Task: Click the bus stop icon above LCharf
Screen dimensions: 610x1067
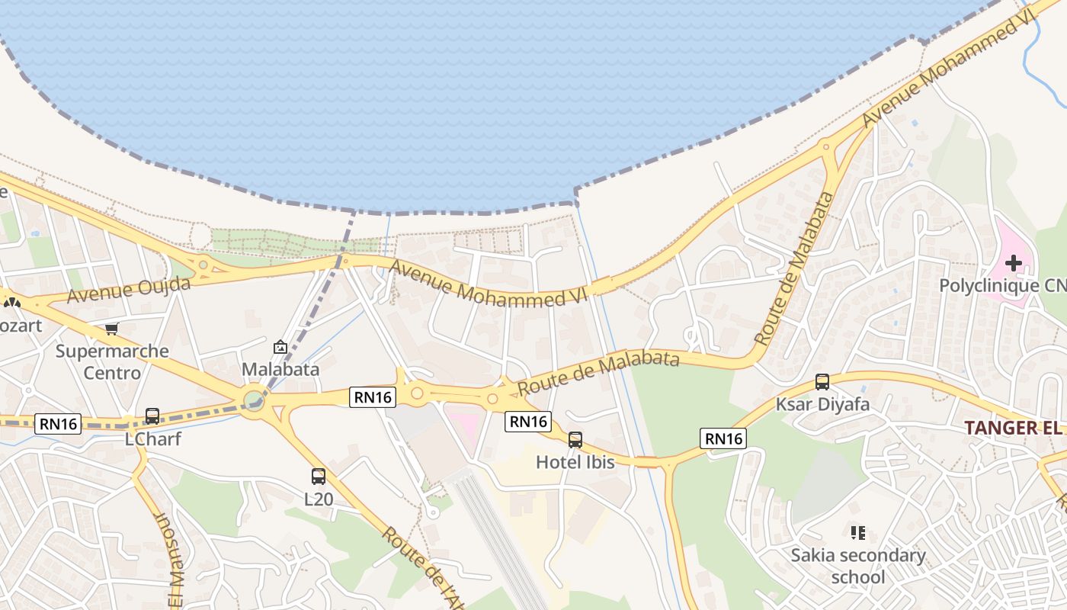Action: pos(152,416)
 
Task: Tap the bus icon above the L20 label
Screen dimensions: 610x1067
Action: pos(319,477)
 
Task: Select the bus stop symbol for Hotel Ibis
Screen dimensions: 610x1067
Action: pos(575,439)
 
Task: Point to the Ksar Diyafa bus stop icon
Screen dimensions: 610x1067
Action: pos(822,382)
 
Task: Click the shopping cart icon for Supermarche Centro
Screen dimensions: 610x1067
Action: pos(112,329)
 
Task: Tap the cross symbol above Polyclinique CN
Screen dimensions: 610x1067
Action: pos(1013,263)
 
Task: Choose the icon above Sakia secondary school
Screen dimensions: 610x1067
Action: pos(858,533)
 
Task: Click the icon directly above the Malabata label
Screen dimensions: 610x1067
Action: pos(280,347)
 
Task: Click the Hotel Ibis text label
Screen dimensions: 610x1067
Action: pos(575,461)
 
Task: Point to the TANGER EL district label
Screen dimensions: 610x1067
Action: pos(1014,428)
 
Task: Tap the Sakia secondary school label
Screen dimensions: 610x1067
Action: pos(858,566)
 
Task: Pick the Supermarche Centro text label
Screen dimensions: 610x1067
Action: pos(112,362)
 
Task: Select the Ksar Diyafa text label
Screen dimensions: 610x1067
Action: pos(822,404)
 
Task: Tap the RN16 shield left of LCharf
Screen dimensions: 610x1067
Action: pos(58,424)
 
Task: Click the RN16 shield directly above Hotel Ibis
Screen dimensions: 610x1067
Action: pos(527,421)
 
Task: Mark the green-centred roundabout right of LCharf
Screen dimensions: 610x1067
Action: pos(254,400)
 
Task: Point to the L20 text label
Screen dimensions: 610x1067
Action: pos(319,499)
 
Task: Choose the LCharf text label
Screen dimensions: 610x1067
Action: pos(152,439)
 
